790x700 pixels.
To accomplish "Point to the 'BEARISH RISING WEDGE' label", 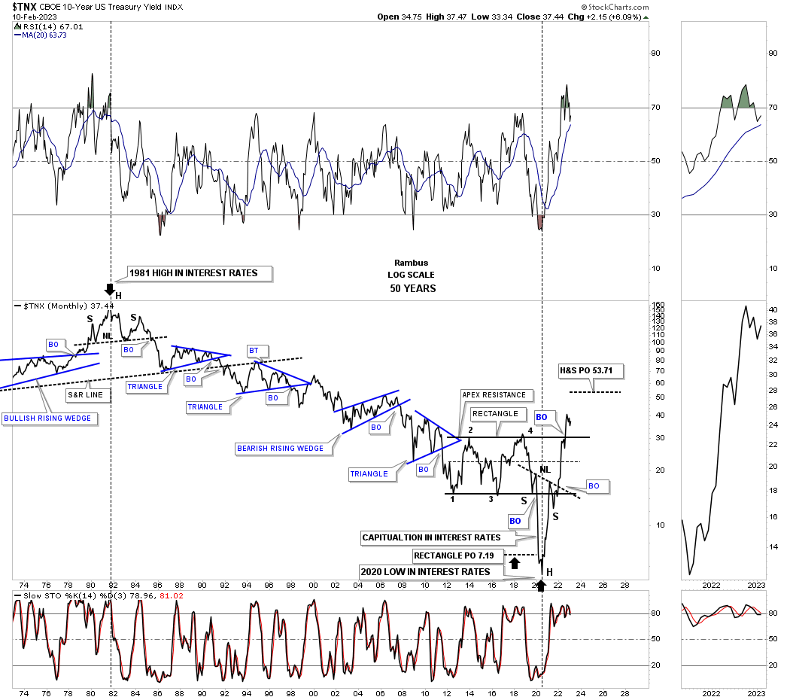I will (x=280, y=448).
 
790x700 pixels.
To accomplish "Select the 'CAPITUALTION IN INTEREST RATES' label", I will (x=431, y=537).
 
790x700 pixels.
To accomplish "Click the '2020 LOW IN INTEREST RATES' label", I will (x=425, y=571).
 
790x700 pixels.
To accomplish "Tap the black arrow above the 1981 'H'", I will (x=110, y=288).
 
